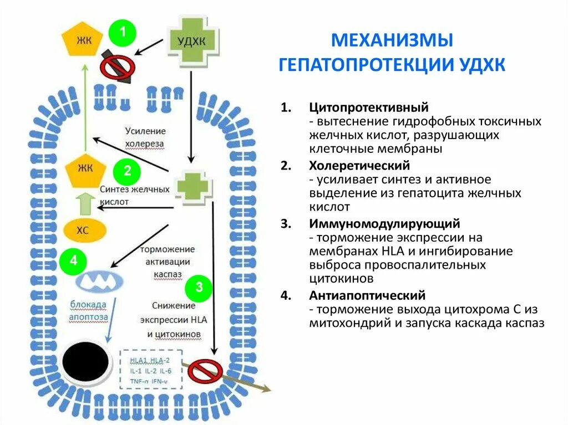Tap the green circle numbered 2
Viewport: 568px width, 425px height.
pyautogui.click(x=127, y=171)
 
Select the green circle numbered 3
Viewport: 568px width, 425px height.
pyautogui.click(x=199, y=288)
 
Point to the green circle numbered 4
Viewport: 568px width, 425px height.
pyautogui.click(x=73, y=261)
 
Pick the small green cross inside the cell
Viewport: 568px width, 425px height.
pyautogui.click(x=192, y=187)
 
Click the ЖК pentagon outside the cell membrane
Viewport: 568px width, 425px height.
pyautogui.click(x=84, y=41)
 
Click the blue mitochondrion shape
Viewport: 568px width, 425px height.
pyautogui.click(x=98, y=282)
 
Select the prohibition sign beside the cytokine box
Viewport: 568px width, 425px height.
pyautogui.click(x=205, y=371)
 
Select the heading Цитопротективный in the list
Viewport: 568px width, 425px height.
pyautogui.click(x=369, y=107)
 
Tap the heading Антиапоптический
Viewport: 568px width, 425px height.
pyautogui.click(x=367, y=295)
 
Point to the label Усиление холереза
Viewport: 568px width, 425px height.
pyautogui.click(x=145, y=137)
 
